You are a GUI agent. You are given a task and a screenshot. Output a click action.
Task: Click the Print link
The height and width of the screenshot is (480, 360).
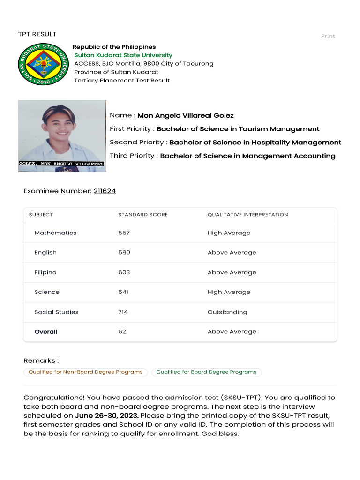[x=328, y=37]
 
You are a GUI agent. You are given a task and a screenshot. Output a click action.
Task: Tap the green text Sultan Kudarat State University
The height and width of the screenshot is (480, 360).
[x=123, y=55]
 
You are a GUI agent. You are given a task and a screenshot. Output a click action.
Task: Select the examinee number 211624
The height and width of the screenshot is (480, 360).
[x=105, y=191]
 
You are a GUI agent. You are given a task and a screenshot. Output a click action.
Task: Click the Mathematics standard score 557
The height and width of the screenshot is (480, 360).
[x=124, y=233]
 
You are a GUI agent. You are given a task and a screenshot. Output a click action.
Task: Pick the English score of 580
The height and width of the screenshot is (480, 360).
[x=124, y=253]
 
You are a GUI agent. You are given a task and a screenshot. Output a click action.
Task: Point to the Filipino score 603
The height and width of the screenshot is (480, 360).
[x=124, y=272]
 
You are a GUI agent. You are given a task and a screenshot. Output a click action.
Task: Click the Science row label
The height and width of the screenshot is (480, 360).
[x=47, y=292]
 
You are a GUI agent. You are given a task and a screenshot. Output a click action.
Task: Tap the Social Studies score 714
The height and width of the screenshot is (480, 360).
[x=123, y=312]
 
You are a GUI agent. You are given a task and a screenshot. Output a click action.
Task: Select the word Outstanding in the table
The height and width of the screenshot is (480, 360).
[x=227, y=312]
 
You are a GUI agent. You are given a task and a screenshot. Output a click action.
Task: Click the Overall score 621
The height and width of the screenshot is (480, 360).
[x=123, y=332]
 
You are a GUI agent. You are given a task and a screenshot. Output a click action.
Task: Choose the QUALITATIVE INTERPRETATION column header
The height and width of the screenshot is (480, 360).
[x=247, y=215]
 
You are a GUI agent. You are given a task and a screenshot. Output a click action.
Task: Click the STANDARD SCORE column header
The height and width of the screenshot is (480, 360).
[x=143, y=215]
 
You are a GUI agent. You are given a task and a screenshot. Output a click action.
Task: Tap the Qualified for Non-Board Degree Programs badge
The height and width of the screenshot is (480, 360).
[x=85, y=372]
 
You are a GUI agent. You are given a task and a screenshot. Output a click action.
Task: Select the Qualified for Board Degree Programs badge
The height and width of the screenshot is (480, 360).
[x=206, y=372]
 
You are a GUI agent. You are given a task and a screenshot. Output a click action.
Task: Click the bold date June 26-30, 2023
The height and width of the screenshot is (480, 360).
[x=107, y=416]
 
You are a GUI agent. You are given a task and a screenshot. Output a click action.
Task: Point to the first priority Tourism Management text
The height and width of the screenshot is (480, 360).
[x=238, y=129]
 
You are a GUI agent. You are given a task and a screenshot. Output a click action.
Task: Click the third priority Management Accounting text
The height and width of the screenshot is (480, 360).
[x=247, y=156]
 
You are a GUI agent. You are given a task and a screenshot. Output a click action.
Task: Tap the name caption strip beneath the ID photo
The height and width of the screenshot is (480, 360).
[x=62, y=164]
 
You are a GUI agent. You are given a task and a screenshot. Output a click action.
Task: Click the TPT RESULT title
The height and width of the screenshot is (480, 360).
[x=37, y=34]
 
